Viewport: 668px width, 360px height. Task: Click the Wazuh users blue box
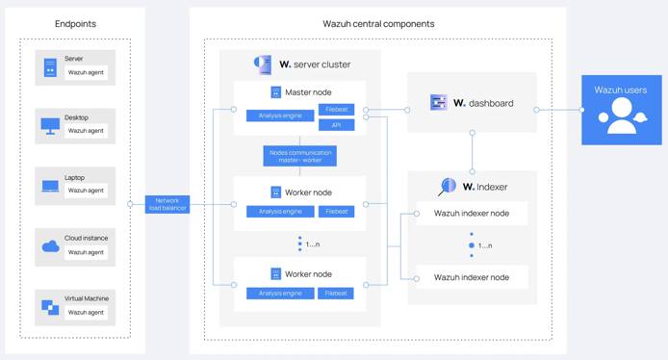[x=621, y=110]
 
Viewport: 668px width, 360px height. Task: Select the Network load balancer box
[x=167, y=204]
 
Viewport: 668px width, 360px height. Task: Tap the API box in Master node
[x=336, y=125]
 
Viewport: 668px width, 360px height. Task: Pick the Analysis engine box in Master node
[x=280, y=116]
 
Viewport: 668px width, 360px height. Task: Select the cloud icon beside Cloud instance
[x=50, y=247]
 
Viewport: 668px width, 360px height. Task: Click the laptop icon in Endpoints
[x=50, y=187]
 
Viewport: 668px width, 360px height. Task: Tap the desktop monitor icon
[x=50, y=126]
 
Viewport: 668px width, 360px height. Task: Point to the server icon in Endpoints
[x=50, y=67]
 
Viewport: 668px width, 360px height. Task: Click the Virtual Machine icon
[x=50, y=308]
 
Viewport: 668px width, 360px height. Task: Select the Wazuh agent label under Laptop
[x=86, y=191]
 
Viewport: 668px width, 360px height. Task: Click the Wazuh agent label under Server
[x=86, y=72]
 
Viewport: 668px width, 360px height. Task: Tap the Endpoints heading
[x=75, y=23]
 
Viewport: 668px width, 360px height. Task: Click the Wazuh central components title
[x=377, y=23]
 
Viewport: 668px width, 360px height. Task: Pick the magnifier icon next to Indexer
[x=448, y=187]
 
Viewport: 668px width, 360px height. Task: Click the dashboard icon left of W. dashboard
[x=438, y=102]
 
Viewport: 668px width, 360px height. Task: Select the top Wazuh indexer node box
[x=472, y=213]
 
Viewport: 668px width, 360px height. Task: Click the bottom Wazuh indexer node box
[x=472, y=277]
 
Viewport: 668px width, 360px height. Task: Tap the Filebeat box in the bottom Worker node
[x=336, y=293]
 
